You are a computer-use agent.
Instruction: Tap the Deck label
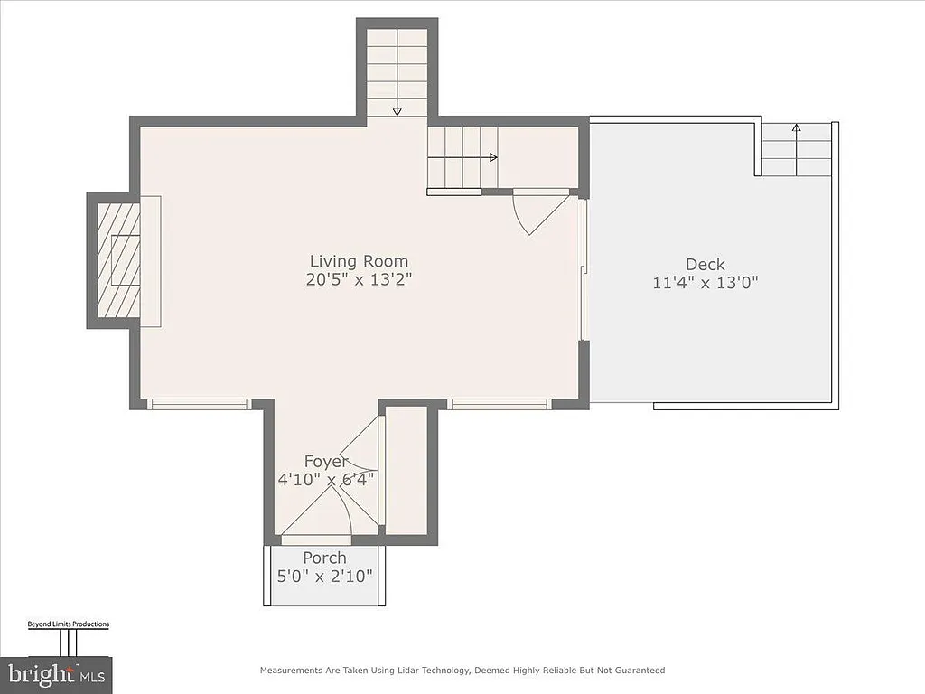point(705,264)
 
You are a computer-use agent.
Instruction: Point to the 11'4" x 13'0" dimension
point(705,282)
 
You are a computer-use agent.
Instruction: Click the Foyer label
point(325,462)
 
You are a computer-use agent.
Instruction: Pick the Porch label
point(324,558)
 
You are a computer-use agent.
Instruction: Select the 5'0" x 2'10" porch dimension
point(324,576)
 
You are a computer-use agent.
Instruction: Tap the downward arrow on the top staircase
point(397,108)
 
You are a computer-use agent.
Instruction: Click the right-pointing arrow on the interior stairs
point(491,157)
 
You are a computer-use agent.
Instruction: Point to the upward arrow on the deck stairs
point(796,128)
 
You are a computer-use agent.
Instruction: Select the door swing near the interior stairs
point(537,213)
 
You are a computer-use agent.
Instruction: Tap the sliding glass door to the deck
point(584,271)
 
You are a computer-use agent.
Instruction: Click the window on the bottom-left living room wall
point(199,404)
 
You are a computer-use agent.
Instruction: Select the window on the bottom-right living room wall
point(499,404)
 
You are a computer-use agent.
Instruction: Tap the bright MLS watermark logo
point(68,673)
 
